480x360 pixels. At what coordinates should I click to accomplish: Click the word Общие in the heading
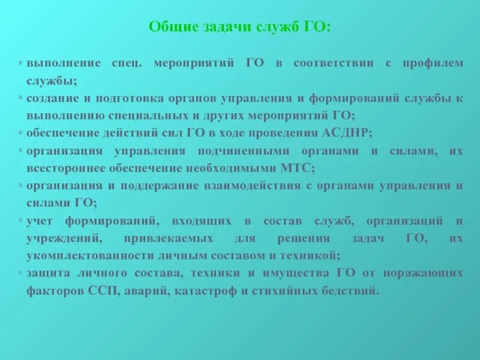point(169,28)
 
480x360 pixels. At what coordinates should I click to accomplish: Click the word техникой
point(315,255)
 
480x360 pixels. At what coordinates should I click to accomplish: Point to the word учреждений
point(57,238)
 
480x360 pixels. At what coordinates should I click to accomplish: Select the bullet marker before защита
point(22,273)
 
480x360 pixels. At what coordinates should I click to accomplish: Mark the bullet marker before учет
point(22,221)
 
